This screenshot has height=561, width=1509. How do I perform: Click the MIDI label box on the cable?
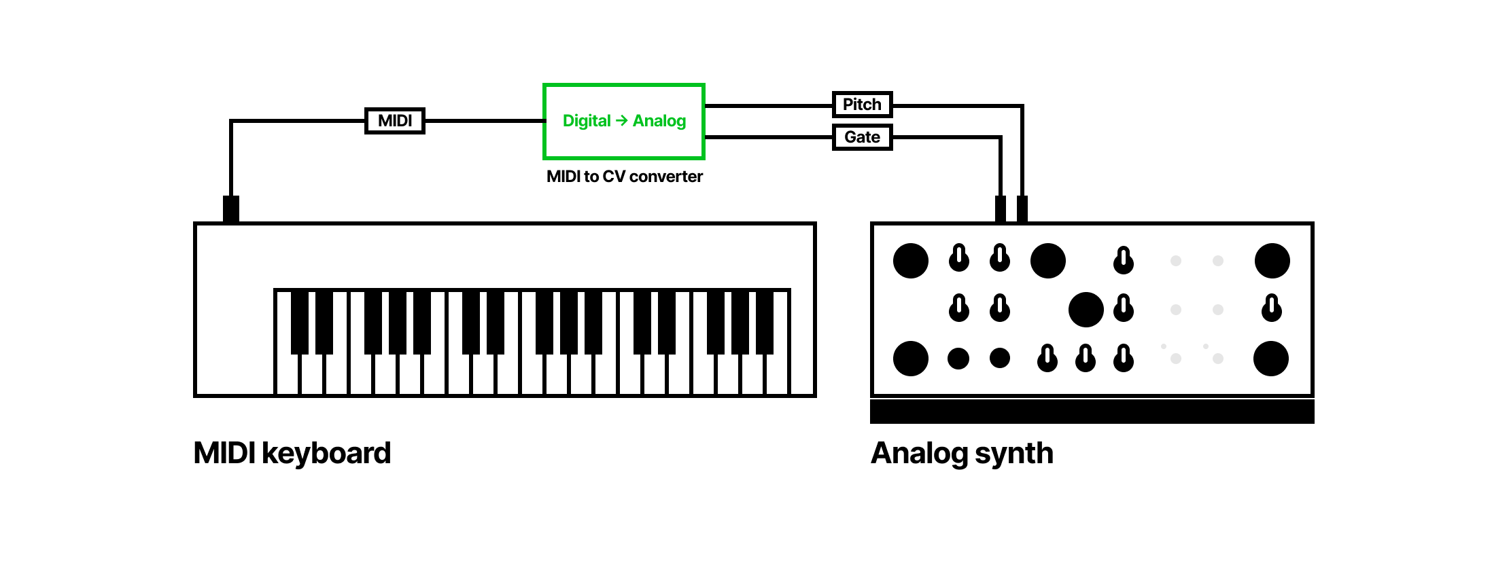point(395,121)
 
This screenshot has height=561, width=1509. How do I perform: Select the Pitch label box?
point(862,105)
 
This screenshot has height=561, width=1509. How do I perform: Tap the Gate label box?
point(862,137)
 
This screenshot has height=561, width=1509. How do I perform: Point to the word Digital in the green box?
point(587,121)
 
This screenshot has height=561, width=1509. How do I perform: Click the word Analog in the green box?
point(659,121)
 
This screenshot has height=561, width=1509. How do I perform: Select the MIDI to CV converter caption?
point(624,177)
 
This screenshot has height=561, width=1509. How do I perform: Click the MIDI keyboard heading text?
point(292,453)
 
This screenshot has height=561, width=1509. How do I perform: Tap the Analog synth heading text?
point(962,453)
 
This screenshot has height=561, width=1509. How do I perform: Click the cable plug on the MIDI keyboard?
point(231,209)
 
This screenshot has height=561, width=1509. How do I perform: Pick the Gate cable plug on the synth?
point(1001,209)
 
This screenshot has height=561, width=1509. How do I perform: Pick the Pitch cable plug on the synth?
point(1022,209)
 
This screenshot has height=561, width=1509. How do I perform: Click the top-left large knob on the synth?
point(911,261)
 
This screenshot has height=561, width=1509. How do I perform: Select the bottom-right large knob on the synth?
point(1271,359)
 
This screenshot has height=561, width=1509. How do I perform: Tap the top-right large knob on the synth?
point(1272,261)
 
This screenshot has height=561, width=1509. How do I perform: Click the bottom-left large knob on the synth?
point(911,359)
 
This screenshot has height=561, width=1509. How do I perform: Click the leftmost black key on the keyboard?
point(300,321)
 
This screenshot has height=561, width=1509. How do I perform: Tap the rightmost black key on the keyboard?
point(765,321)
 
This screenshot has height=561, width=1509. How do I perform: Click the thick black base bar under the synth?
point(1092,412)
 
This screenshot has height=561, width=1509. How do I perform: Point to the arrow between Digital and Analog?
point(621,121)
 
